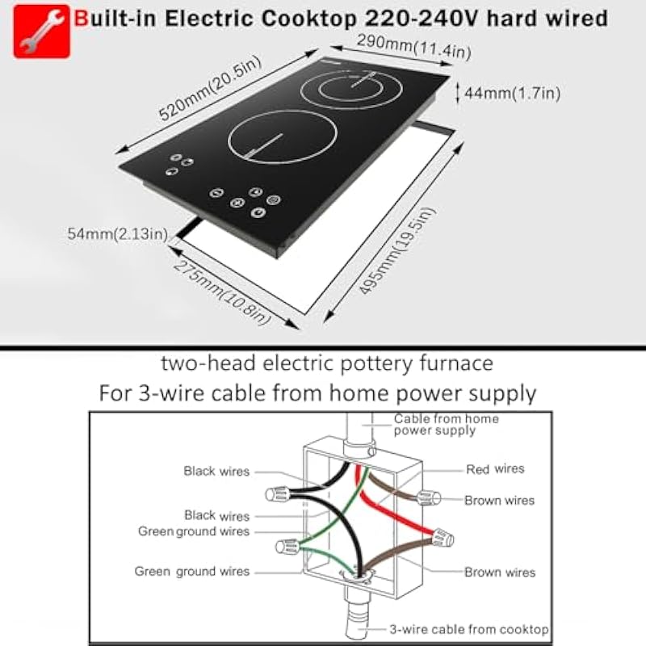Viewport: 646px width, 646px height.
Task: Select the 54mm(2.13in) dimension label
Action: tap(117, 234)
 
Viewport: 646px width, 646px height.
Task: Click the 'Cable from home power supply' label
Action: tap(446, 424)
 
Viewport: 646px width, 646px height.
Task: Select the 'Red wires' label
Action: tap(495, 468)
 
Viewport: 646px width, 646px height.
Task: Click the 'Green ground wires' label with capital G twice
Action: tap(194, 531)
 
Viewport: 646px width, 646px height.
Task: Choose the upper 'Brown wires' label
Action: tap(499, 500)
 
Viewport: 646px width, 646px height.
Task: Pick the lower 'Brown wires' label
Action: tap(499, 572)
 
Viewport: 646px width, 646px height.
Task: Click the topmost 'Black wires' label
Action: tap(216, 471)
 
